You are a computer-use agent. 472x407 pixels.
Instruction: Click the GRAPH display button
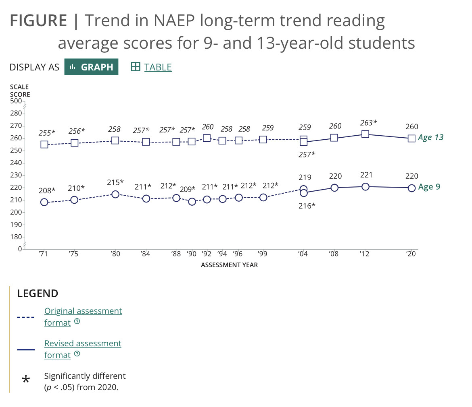pos(91,67)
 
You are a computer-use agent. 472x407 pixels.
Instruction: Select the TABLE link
pos(157,67)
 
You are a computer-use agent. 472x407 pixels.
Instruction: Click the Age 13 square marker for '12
pos(365,134)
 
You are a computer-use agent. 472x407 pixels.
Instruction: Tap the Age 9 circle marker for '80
pos(115,194)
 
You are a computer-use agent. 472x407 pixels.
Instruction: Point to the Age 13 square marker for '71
pos(44,144)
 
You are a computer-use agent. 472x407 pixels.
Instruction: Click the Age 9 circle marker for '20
pos(411,188)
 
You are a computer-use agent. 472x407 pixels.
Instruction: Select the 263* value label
pos(368,123)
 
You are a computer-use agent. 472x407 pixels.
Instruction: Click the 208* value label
pos(48,190)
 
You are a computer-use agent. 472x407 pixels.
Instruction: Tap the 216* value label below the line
pos(307,206)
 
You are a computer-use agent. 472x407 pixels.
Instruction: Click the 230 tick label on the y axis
pos(16,175)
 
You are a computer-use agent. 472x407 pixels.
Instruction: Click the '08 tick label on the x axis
pos(334,254)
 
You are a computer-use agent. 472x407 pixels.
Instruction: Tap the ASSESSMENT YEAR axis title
pos(229,265)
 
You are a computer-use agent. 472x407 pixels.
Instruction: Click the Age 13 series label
pos(430,137)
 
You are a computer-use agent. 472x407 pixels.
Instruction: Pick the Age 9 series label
pos(429,187)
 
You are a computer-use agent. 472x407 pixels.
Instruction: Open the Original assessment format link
pos(83,311)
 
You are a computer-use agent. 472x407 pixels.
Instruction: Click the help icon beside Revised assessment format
pos(77,354)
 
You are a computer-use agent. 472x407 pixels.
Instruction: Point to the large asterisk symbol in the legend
pos(26,380)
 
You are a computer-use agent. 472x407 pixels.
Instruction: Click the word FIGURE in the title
pos(38,21)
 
